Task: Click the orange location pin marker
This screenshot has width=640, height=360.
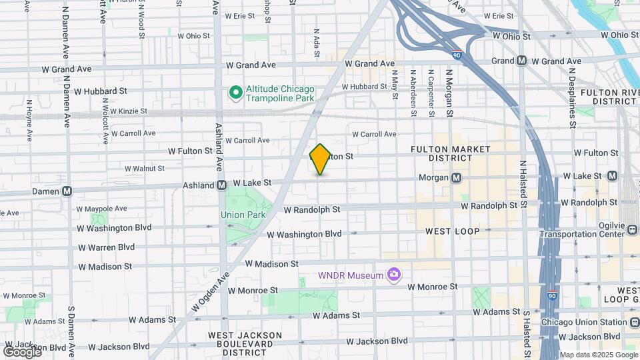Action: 320,159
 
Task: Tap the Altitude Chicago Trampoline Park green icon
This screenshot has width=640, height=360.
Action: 235,93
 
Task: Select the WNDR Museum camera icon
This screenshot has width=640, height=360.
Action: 394,275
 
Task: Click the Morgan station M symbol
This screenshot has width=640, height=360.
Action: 457,177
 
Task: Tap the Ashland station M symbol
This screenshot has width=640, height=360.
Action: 221,185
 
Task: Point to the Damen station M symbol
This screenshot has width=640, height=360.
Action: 67,191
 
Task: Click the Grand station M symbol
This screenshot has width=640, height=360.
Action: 522,61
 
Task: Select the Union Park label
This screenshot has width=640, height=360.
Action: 243,215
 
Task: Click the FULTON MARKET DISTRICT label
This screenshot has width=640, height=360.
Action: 441,153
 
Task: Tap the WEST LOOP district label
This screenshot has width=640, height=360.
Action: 452,231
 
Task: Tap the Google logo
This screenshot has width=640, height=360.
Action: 22,351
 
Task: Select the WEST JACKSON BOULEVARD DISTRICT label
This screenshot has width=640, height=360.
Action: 245,343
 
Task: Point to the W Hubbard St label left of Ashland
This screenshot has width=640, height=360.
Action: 101,91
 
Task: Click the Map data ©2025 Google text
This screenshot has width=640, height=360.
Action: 598,355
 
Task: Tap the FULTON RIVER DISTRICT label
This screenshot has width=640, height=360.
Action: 609,97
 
